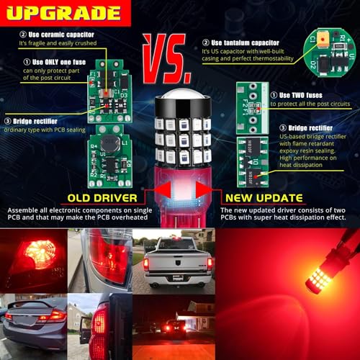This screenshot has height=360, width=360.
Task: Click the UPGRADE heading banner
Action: (65, 13)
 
